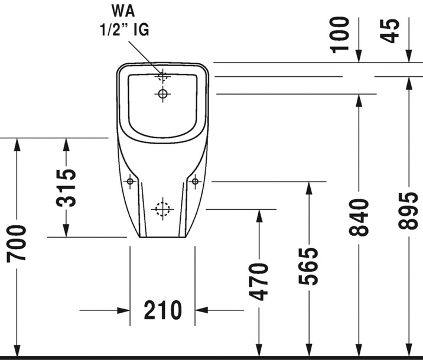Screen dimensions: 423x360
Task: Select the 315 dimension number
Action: pos(66,188)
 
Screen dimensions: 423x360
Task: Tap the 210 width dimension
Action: pos(163,310)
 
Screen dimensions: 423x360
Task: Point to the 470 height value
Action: pos(259,281)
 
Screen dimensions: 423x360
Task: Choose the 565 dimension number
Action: pos(308,267)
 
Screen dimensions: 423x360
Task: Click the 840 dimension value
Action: pos(359,218)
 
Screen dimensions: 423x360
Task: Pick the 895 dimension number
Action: pos(408,211)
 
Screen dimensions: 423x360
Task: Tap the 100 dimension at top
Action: pos(340,35)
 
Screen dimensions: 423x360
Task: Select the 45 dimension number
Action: pos(389,31)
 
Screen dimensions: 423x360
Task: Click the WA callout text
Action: pos(123,11)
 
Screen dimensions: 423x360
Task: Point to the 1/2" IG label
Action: pos(125,30)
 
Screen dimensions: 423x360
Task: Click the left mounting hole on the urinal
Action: pos(130,181)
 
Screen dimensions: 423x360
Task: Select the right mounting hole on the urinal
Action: pos(195,181)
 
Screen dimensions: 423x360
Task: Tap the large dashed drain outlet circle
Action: pos(162,209)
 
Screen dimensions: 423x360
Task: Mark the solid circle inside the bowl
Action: pos(162,94)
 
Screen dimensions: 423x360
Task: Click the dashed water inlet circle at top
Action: pos(162,76)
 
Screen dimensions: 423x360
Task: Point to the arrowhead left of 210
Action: pos(123,310)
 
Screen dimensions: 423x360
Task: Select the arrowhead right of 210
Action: pos(201,310)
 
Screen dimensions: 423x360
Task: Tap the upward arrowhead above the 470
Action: pos(259,216)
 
